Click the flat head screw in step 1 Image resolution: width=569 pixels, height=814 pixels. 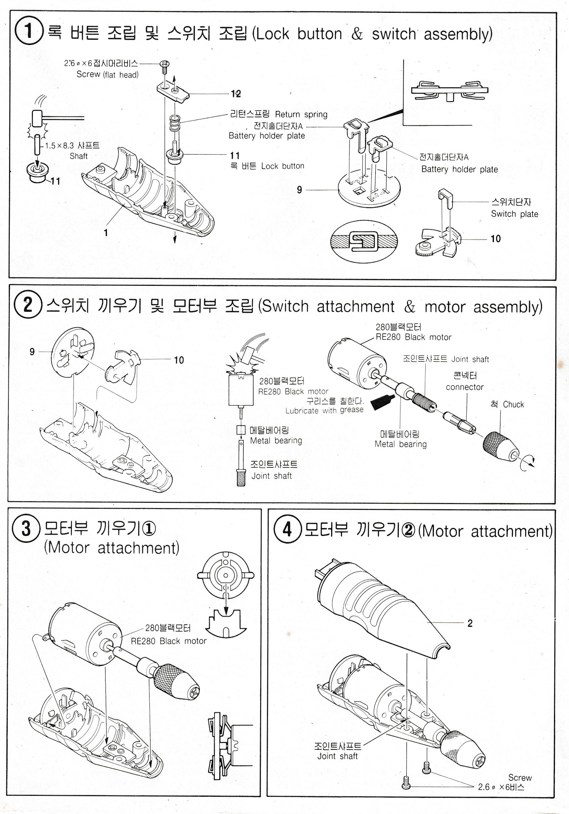point(165,65)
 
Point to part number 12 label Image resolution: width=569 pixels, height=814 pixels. point(236,94)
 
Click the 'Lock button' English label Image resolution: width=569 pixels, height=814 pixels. point(283,166)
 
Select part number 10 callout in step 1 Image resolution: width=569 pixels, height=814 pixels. point(495,239)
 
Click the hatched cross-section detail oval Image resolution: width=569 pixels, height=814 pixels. point(364,241)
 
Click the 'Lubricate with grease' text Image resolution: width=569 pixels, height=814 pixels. point(324,410)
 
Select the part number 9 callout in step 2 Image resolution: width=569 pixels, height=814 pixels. point(32,351)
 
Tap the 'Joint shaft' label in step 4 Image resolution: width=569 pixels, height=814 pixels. point(337,756)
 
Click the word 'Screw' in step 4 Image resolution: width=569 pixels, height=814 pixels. point(520,777)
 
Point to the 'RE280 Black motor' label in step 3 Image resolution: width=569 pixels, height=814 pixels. point(169,641)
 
